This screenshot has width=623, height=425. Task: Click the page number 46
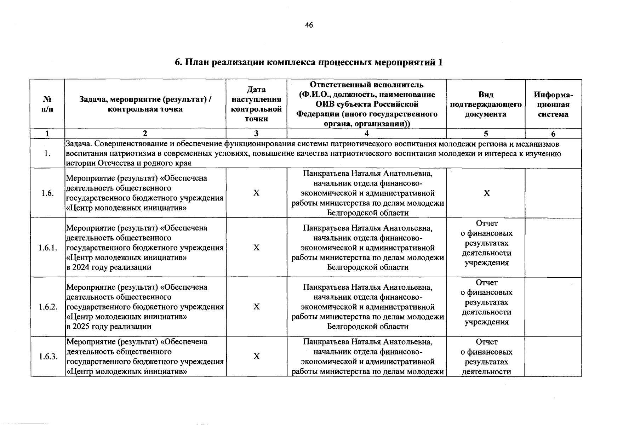309,25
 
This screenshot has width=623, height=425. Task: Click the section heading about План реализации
309,63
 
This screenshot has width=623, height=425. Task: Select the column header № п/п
48,104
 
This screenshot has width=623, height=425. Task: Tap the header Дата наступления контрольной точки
256,104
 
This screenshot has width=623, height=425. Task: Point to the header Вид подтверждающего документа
486,104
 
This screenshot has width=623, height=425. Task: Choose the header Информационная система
553,104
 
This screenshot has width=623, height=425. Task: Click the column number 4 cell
367,134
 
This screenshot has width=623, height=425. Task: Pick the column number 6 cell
553,134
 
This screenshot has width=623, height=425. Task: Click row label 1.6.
48,193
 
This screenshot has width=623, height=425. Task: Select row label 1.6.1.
48,248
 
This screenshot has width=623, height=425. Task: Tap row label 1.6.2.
48,307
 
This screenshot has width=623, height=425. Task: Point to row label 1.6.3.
48,356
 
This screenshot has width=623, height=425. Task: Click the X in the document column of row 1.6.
487,193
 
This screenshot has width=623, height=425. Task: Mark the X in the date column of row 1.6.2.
256,307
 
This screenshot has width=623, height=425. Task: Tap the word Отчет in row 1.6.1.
487,223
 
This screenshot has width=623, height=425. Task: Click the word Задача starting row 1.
79,144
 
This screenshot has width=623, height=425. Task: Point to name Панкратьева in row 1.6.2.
326,287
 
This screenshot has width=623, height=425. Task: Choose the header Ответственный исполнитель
367,85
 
